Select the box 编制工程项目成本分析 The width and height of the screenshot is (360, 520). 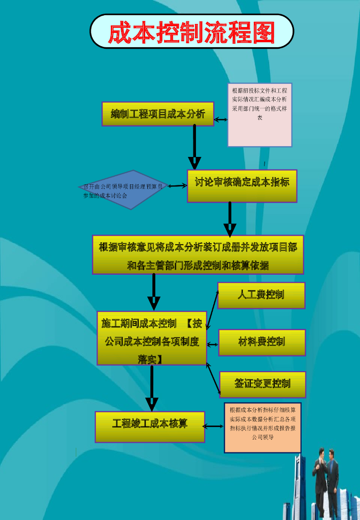tap(158, 114)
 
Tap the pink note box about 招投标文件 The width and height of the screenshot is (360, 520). tap(259, 115)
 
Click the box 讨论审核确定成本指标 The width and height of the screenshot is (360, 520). tap(242, 185)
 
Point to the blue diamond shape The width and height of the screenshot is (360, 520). tap(125, 189)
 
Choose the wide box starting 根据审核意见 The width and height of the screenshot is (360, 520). tap(198, 255)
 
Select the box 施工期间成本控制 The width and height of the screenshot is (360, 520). tap(152, 338)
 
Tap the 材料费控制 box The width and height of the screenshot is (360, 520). tap(261, 342)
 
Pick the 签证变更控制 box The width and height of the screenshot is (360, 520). tap(263, 384)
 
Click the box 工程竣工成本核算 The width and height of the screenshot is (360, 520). tap(150, 427)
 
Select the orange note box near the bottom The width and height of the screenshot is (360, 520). tap(263, 428)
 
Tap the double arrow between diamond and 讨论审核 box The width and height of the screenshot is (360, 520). tap(178, 186)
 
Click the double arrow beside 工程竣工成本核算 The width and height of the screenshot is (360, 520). tap(214, 427)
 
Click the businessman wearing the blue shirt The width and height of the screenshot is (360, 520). tap(332, 482)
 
